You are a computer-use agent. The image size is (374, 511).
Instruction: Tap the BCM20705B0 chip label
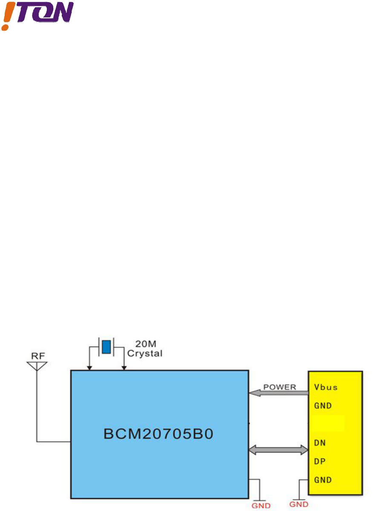158,434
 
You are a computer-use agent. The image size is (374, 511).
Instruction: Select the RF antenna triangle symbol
37,365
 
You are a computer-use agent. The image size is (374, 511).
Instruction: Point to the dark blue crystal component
106,347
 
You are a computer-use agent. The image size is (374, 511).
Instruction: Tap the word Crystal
145,353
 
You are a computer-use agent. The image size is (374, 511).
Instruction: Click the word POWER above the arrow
279,387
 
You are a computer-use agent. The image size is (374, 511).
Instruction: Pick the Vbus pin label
325,387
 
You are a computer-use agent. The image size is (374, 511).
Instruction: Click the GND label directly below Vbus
323,406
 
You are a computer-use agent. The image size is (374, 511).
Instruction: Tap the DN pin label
320,443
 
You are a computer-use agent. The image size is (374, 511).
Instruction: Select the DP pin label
320,461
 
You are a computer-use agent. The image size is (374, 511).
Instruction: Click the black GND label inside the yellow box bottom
323,480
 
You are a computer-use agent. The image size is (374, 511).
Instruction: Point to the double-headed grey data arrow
278,449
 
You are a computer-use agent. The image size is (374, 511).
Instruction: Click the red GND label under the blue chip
261,506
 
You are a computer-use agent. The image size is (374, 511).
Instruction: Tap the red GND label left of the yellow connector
299,505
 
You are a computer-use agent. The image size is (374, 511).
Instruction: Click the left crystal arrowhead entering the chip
89,367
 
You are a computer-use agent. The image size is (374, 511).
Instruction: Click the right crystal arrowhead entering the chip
124,367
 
